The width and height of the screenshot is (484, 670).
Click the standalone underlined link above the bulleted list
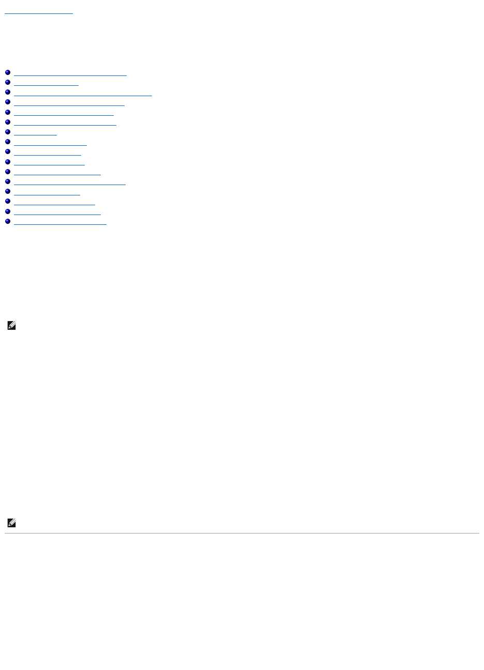pos(39,12)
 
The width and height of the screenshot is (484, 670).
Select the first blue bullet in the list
pos(8,73)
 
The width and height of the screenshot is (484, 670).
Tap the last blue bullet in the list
pos(8,222)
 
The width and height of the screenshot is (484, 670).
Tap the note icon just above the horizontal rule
pos(12,523)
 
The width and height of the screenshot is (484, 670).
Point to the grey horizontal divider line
pos(242,533)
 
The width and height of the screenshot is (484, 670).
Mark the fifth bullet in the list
pos(8,113)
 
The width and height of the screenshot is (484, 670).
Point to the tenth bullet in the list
pos(8,162)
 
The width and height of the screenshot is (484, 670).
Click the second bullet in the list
pos(8,83)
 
